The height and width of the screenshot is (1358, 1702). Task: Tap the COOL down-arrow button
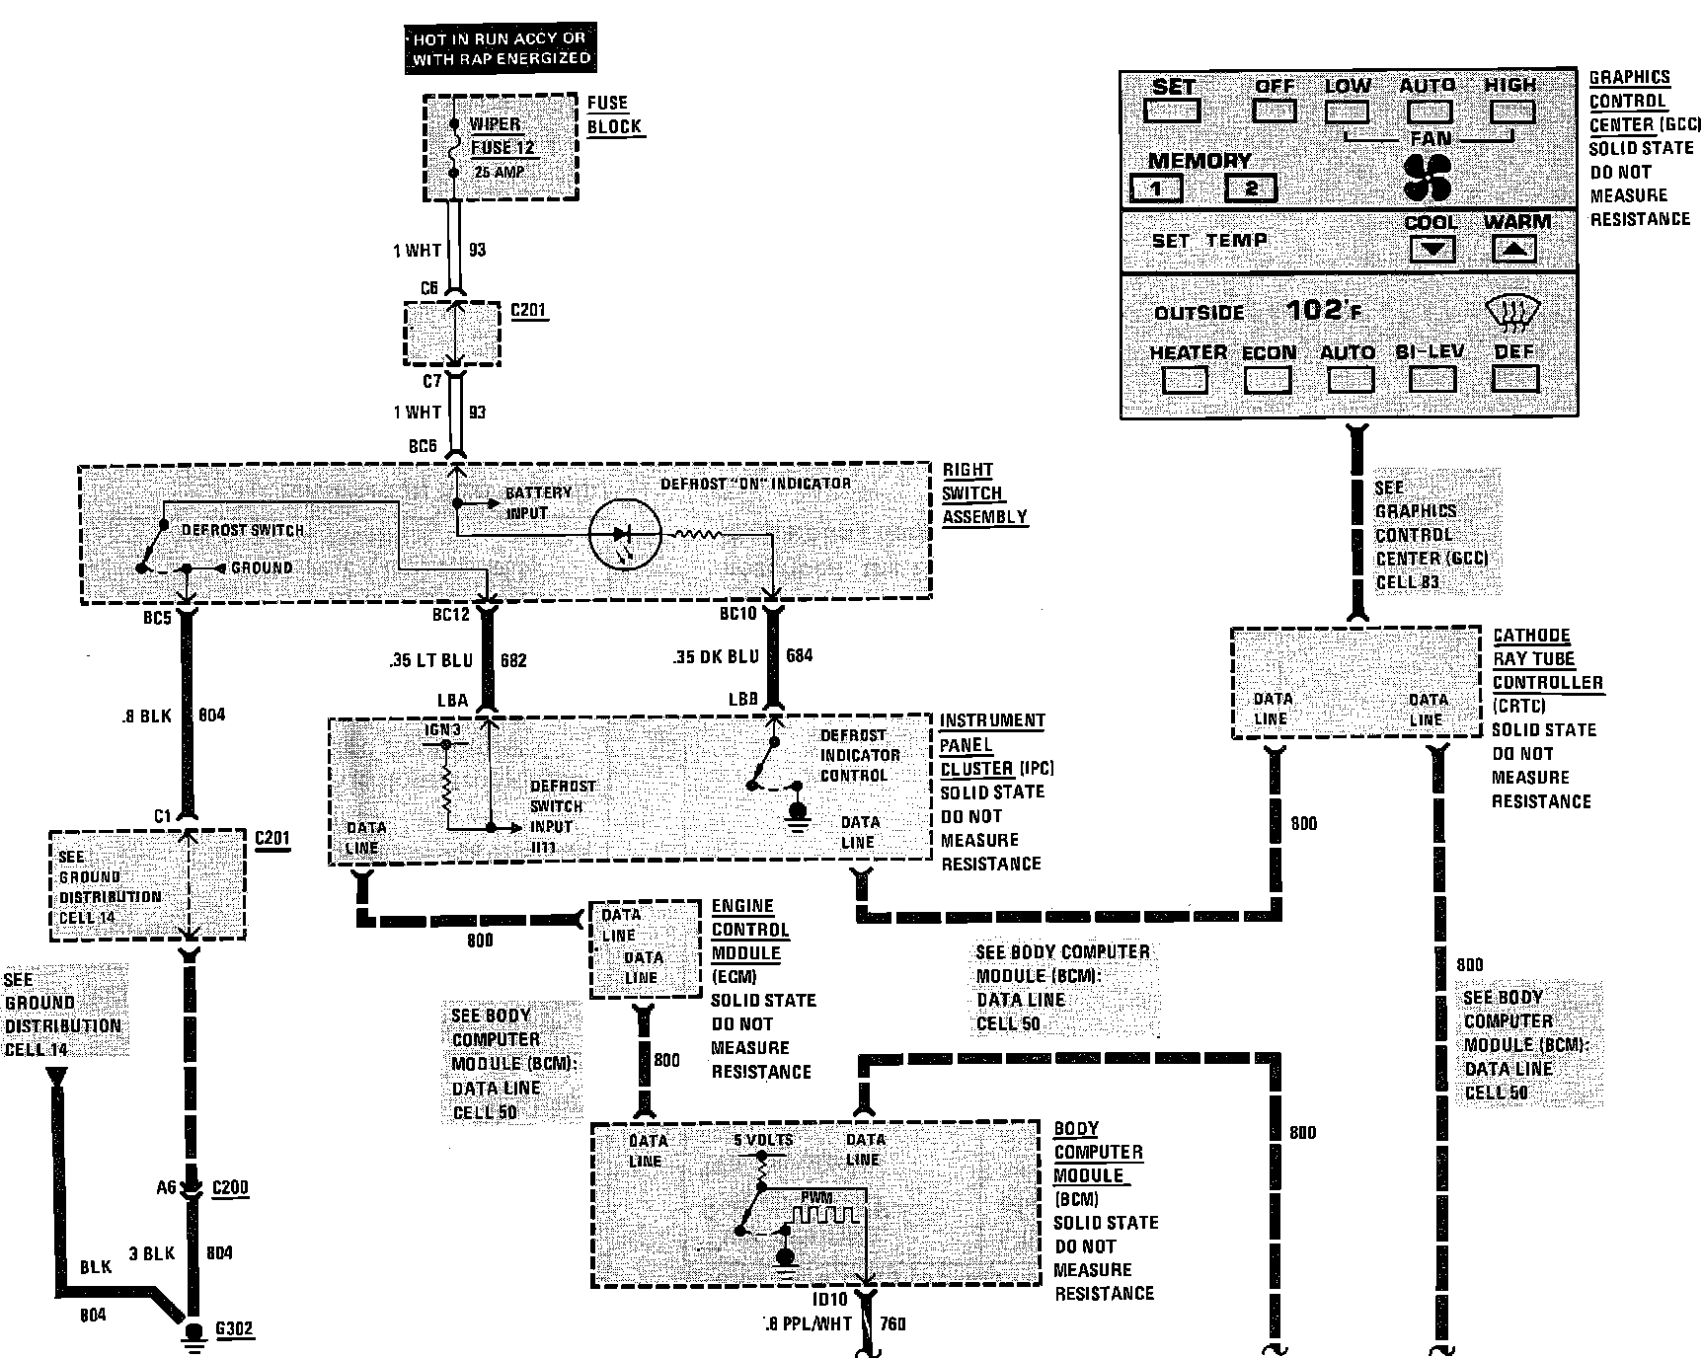pyautogui.click(x=1431, y=249)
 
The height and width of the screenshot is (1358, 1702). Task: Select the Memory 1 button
pyautogui.click(x=1156, y=188)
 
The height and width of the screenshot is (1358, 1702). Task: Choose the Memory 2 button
pyautogui.click(x=1251, y=188)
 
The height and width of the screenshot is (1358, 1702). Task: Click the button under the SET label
pyautogui.click(x=1173, y=111)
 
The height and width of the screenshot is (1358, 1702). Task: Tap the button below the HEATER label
pyautogui.click(x=1185, y=380)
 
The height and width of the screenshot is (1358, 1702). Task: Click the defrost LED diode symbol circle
pyautogui.click(x=624, y=534)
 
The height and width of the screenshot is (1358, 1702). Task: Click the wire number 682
pyautogui.click(x=513, y=659)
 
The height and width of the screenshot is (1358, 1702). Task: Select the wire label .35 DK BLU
pyautogui.click(x=715, y=656)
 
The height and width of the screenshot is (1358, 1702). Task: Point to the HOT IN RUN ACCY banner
pyautogui.click(x=500, y=48)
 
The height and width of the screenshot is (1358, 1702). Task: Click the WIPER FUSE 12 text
pyautogui.click(x=502, y=136)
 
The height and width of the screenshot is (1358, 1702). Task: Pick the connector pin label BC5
pyautogui.click(x=157, y=619)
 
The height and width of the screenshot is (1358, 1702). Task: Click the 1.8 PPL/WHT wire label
pyautogui.click(x=807, y=1324)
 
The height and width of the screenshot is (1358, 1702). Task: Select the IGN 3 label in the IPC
pyautogui.click(x=442, y=729)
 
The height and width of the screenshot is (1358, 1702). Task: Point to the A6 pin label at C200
pyautogui.click(x=166, y=1187)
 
